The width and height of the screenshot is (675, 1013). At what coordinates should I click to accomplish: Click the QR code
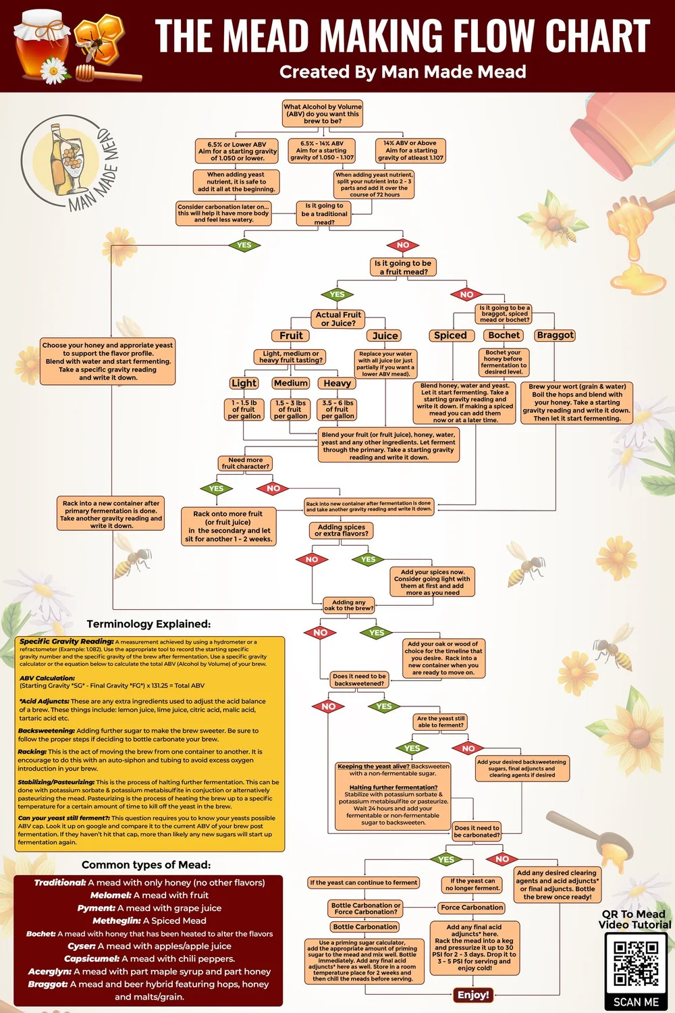click(635, 964)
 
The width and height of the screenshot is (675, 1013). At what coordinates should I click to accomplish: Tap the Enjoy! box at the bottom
click(473, 995)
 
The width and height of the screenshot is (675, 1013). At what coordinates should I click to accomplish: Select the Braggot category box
click(555, 335)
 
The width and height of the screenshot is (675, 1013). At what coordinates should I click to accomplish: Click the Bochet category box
click(504, 335)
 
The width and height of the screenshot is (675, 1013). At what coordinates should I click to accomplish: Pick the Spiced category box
click(450, 335)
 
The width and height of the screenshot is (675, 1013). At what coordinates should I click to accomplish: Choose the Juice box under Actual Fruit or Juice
click(385, 336)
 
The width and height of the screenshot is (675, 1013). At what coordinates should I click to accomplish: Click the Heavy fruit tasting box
click(337, 383)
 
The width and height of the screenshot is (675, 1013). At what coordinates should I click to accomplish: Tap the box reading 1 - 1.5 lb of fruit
click(244, 409)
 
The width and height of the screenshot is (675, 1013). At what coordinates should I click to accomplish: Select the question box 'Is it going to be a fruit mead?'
click(403, 267)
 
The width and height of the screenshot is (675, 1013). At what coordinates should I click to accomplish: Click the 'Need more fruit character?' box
click(246, 463)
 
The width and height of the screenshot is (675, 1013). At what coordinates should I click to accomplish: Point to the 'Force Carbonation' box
click(472, 908)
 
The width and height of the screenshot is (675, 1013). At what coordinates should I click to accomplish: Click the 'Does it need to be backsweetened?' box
click(359, 680)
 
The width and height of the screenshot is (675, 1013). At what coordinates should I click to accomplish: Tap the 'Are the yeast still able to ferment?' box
click(441, 722)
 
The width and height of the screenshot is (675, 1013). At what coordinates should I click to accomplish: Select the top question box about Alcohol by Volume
click(323, 113)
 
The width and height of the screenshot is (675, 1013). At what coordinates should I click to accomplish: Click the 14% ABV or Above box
click(410, 151)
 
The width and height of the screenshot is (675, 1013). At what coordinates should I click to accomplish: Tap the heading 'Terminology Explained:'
click(148, 624)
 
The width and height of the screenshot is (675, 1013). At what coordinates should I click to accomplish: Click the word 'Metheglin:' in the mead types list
click(116, 920)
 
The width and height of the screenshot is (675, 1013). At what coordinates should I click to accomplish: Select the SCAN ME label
click(635, 1002)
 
